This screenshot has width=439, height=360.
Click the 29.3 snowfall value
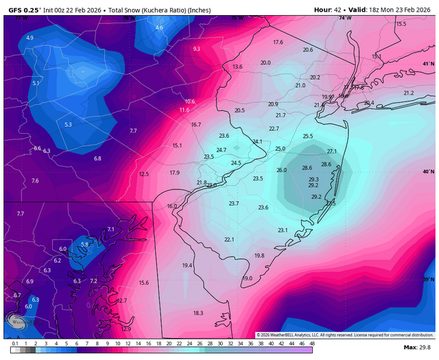coord(313,179)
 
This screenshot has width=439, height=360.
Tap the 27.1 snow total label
coord(332,151)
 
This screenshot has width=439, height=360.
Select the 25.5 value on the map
coord(307,136)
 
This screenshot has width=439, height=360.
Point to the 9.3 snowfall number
coord(197,49)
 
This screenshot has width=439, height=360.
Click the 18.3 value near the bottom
coord(198,313)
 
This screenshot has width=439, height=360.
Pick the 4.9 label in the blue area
coord(29,38)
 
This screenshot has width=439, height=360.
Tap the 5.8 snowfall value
coord(85,244)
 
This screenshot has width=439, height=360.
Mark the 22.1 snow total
coord(229,239)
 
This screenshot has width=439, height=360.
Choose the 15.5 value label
coord(401,23)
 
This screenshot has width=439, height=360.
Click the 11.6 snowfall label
coord(184,110)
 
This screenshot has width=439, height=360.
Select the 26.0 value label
coord(281,170)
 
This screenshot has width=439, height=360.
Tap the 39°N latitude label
coord(428,279)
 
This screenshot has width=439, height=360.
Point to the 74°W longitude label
coord(344,18)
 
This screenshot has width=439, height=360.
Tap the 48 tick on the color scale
coord(312,342)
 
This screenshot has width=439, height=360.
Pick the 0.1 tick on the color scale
coord(14,342)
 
